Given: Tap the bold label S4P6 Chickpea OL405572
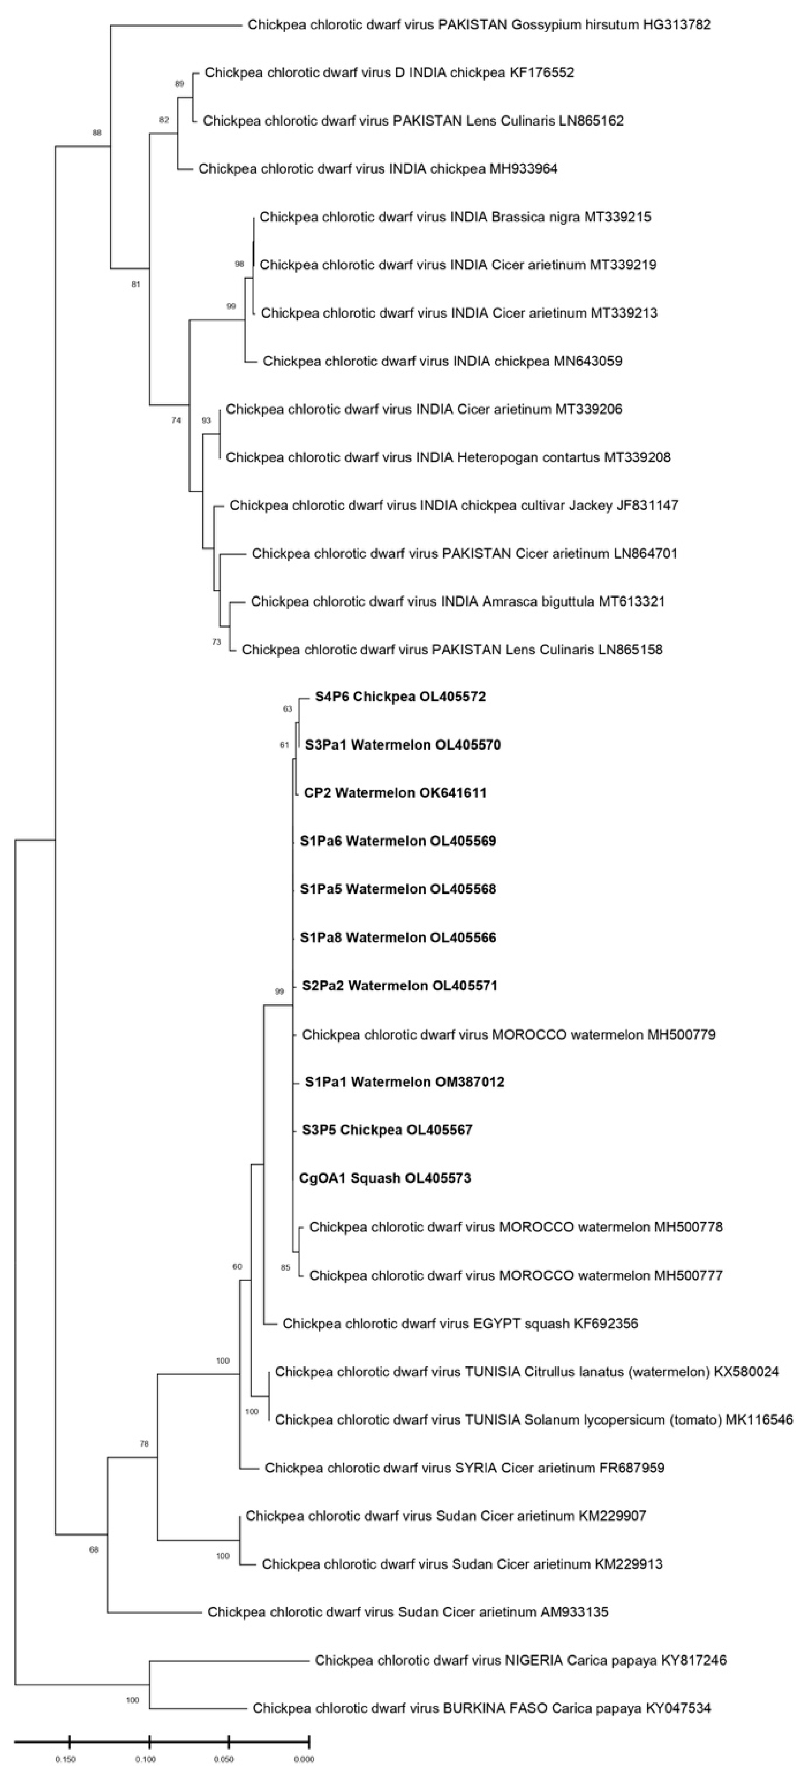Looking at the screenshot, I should point(400,697).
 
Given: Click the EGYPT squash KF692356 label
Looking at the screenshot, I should point(460,1323).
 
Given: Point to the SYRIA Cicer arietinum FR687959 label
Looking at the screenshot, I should point(464,1467).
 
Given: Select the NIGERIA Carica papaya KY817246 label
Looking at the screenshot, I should point(520,1660).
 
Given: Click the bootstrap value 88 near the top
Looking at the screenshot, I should point(97,132).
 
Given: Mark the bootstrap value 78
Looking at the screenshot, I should point(144,1443).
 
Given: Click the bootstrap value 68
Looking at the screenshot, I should point(94,1549).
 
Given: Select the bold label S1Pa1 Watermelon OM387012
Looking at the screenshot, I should point(404,1082).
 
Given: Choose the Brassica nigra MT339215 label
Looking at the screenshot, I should point(455,217).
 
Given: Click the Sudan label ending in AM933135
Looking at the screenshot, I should point(408,1612).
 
